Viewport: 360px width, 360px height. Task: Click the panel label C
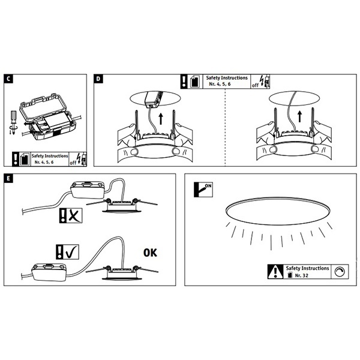[8, 79]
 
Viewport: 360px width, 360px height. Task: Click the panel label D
[98, 79]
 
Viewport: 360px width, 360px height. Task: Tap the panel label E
[8, 178]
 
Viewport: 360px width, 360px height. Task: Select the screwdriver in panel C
[13, 122]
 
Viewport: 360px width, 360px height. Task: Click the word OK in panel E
[150, 253]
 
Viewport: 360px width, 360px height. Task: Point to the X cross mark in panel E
[74, 215]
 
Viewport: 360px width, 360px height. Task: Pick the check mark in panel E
[72, 252]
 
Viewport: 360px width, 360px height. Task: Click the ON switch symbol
[203, 190]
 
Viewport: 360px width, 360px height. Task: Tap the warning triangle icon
[275, 272]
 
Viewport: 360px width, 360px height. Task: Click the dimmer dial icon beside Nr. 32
[340, 272]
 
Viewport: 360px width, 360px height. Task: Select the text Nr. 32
[301, 275]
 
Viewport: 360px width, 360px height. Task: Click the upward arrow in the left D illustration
[161, 119]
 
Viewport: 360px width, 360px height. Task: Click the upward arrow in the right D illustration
[299, 116]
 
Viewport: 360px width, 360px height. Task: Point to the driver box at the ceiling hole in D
[154, 99]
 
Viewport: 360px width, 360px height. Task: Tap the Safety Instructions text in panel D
[227, 78]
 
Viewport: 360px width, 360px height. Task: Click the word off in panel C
[73, 163]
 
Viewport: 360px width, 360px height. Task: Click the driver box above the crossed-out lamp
[88, 190]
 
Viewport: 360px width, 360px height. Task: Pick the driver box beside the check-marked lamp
[49, 272]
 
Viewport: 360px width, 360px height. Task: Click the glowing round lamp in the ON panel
[278, 211]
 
